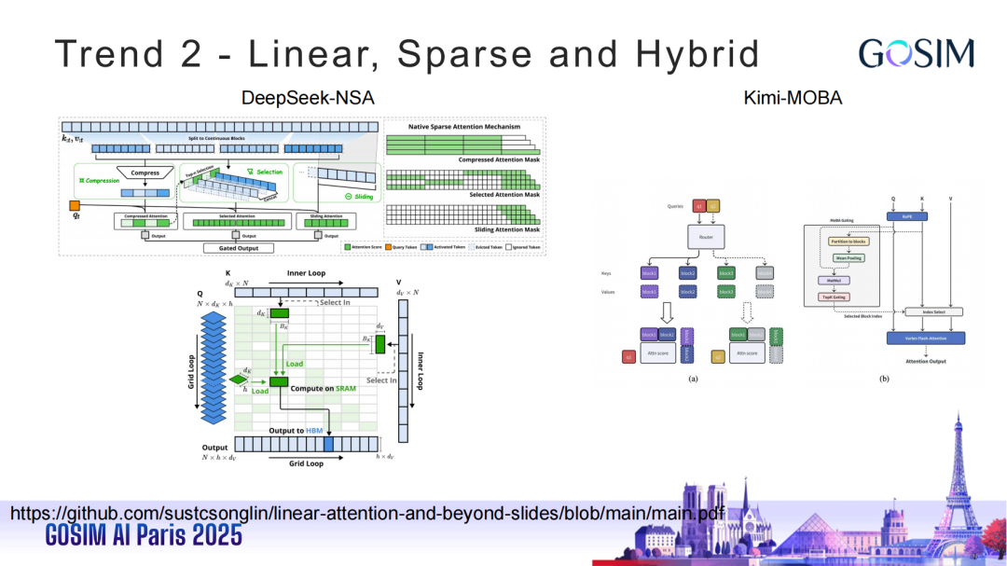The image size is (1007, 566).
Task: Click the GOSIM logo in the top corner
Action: [916, 53]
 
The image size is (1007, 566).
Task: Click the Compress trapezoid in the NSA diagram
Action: [145, 173]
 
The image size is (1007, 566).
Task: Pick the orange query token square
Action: [75, 205]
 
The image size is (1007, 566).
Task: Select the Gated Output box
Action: [239, 248]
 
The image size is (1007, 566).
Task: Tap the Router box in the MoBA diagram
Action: [706, 238]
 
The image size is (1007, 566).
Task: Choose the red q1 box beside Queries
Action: [699, 205]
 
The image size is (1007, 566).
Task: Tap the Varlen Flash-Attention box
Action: [926, 337]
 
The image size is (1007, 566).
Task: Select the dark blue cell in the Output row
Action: [327, 445]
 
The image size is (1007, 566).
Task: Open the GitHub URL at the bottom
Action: [366, 513]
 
